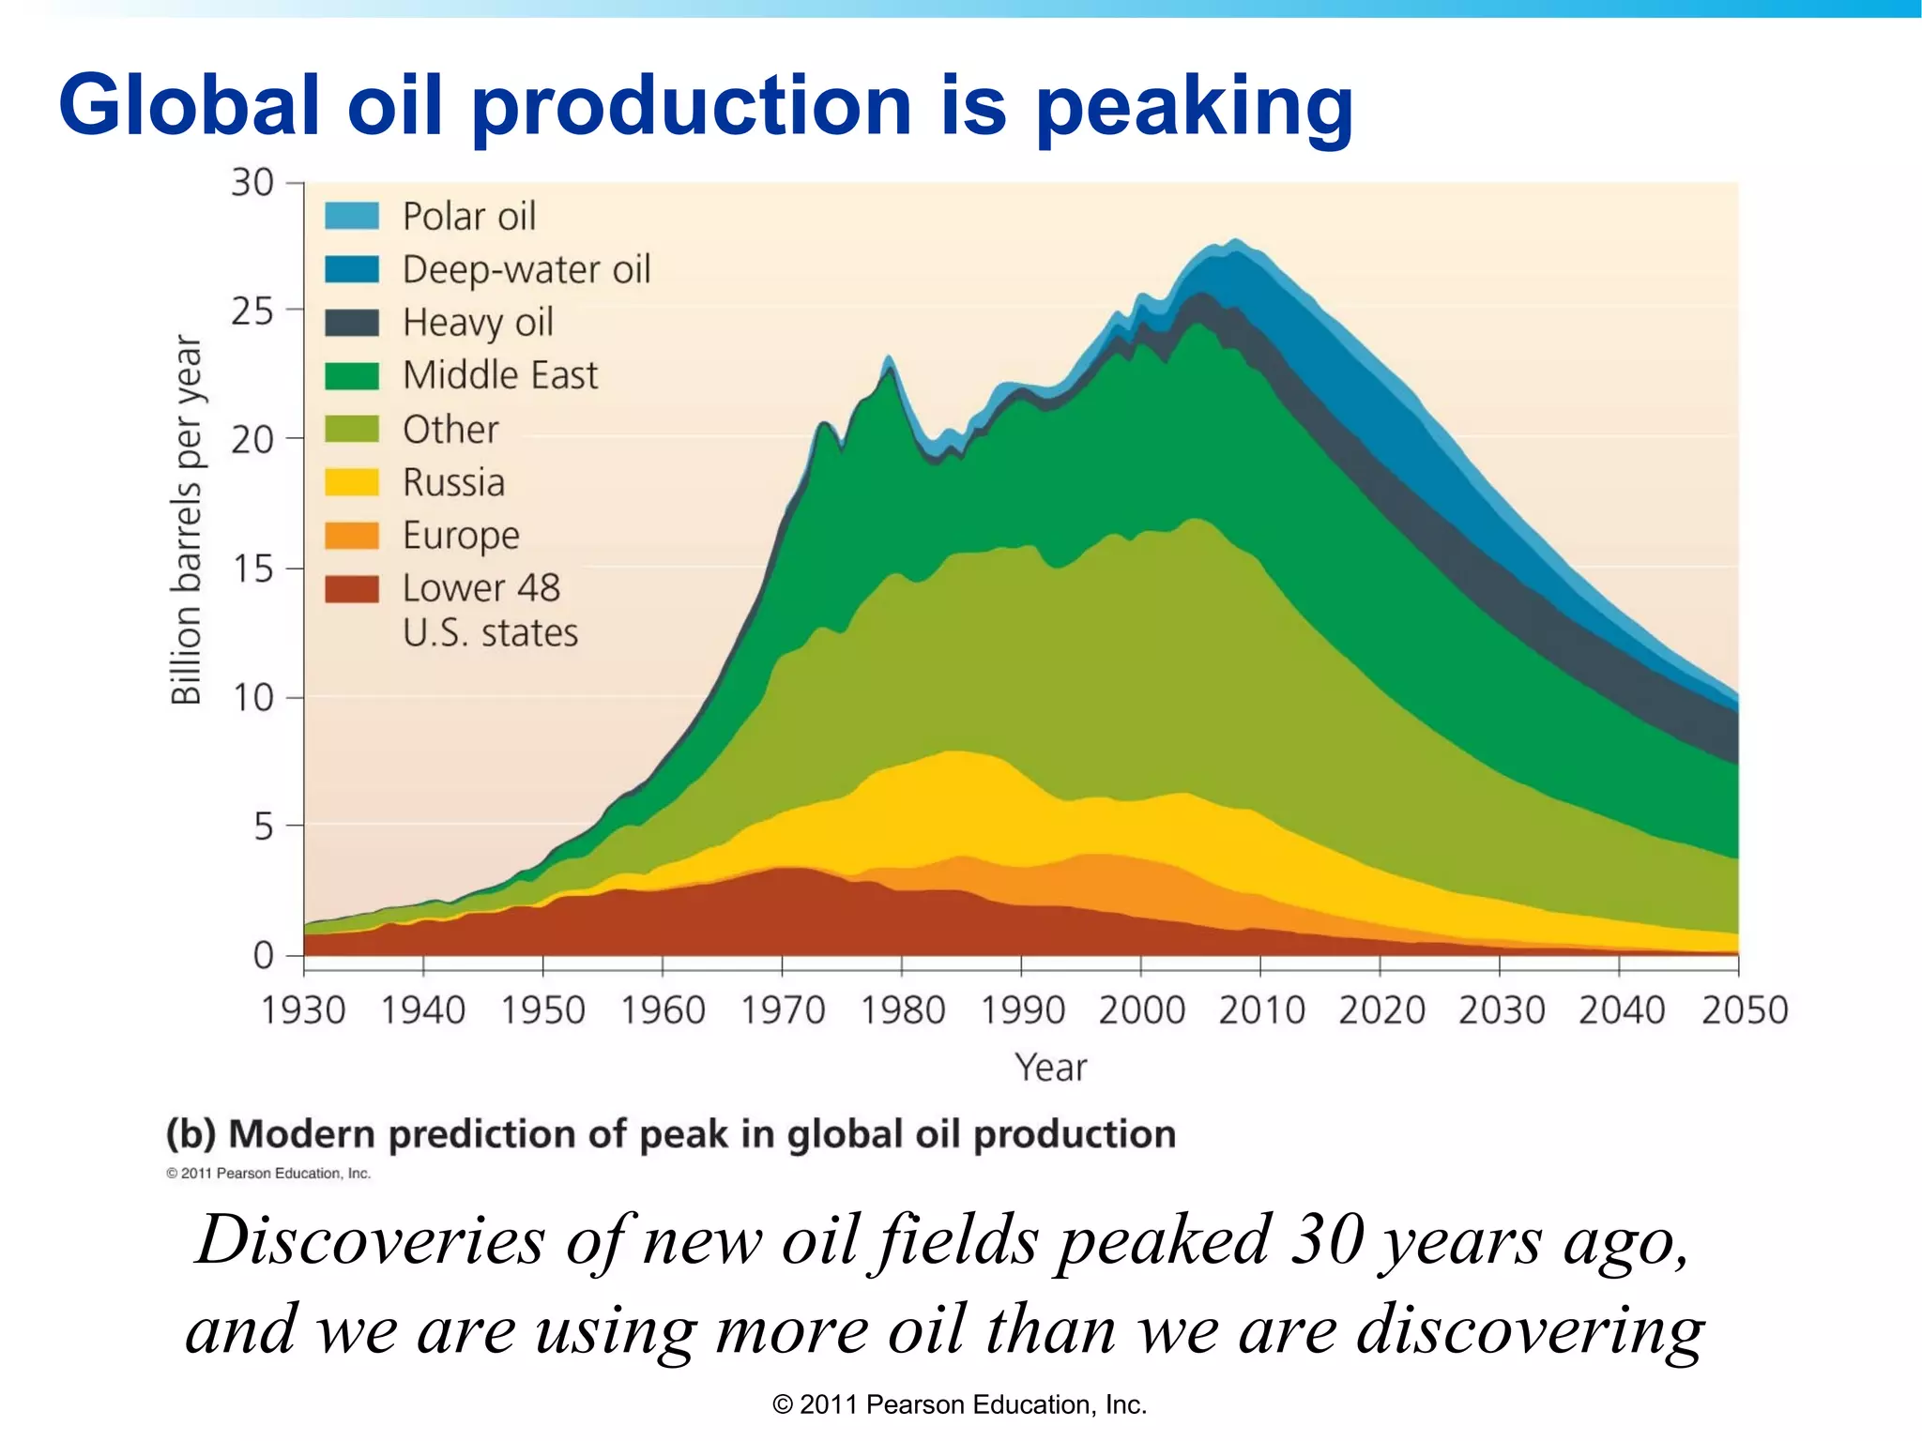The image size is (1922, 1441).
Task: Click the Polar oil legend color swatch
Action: click(352, 216)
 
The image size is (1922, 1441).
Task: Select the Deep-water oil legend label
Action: click(526, 269)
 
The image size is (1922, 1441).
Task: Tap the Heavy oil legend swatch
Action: click(352, 323)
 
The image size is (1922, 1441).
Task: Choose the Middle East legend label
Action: click(499, 375)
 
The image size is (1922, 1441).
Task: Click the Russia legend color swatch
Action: click(352, 482)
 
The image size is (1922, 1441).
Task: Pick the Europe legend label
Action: click(461, 535)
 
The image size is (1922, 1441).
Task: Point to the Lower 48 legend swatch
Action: click(352, 589)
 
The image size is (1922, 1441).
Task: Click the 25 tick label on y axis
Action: click(252, 311)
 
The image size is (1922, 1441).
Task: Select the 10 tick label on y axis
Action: click(252, 698)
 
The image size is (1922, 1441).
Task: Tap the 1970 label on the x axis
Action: click(783, 1010)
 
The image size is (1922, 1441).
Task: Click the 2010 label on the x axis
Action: click(1261, 1010)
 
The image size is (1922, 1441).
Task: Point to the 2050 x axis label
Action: click(1745, 1010)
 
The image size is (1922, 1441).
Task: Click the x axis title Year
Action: click(1050, 1068)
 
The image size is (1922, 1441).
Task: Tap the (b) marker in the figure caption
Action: click(191, 1134)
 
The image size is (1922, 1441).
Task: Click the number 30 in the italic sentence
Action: click(1326, 1240)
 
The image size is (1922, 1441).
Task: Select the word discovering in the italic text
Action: click(1531, 1330)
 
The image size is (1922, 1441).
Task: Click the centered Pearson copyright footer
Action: click(959, 1404)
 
